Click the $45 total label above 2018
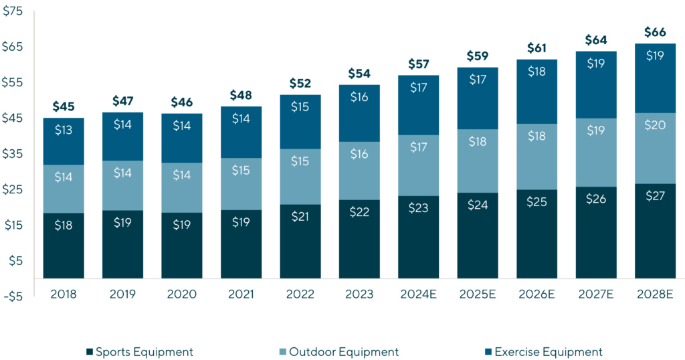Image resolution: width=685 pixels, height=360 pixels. click(x=64, y=106)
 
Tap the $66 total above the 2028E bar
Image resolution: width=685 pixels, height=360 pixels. click(x=655, y=32)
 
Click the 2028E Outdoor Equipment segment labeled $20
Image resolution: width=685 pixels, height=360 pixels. click(x=655, y=125)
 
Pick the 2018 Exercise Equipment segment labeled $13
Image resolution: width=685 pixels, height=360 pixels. click(x=64, y=130)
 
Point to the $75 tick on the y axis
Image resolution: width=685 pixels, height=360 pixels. click(x=13, y=11)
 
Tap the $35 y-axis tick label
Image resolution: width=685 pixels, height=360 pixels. click(x=13, y=153)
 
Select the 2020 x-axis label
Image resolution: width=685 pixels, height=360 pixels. click(x=182, y=294)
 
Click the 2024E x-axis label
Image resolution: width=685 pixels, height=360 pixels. click(x=419, y=294)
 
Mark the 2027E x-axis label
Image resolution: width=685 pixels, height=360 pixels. click(x=596, y=294)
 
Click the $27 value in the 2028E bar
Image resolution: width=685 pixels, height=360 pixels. click(x=655, y=196)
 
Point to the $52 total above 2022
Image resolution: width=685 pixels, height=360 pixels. click(x=300, y=84)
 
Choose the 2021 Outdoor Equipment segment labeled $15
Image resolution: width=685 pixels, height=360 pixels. click(x=241, y=171)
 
